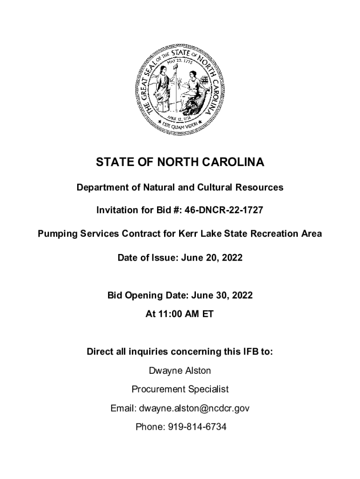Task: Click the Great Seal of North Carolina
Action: (180, 89)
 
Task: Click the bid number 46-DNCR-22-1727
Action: (223, 210)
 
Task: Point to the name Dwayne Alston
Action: (180, 371)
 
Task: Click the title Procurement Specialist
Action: (180, 389)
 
